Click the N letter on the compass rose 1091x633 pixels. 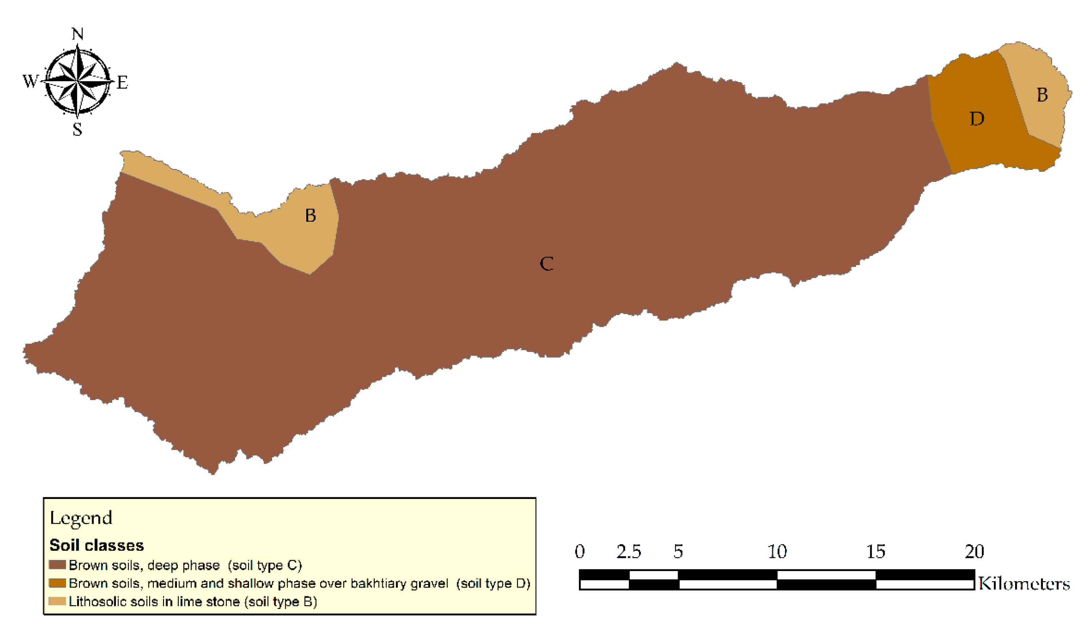point(78,34)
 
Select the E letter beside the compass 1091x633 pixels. point(123,82)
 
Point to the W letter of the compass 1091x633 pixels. point(30,81)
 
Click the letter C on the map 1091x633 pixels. point(547,263)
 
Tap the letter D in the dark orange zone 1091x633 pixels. point(977,118)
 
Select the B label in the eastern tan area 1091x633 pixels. point(1042,95)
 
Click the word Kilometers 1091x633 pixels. point(1024,584)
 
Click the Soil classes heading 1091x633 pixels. point(97,545)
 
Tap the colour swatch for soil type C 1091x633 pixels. point(57,565)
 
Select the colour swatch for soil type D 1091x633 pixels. point(57,583)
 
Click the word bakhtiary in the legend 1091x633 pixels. point(378,584)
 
